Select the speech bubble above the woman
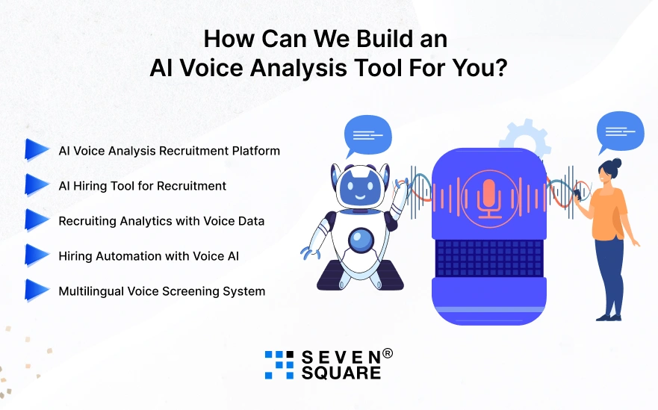click(620, 132)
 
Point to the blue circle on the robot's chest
click(363, 240)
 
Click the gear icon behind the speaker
click(524, 138)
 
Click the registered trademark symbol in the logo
click(387, 353)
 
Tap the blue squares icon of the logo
click(279, 364)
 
